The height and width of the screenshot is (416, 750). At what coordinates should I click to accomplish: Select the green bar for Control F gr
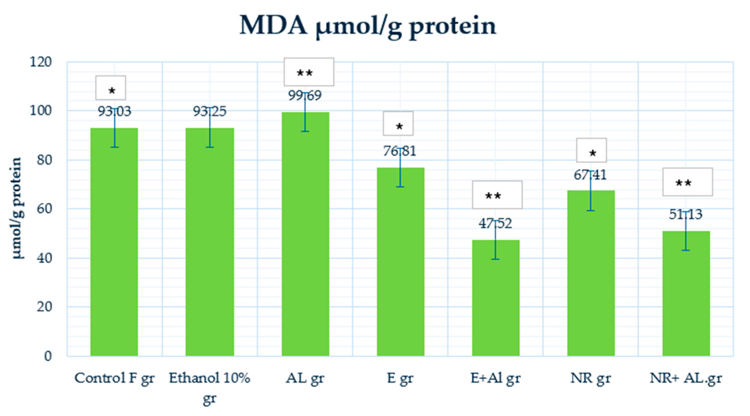(114, 242)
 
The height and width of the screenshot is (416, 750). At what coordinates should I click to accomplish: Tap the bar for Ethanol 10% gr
(210, 242)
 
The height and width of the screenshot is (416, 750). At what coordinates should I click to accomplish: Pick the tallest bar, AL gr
(305, 233)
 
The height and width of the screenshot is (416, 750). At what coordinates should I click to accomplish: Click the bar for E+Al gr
(495, 297)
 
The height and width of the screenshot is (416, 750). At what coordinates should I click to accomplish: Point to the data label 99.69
(305, 96)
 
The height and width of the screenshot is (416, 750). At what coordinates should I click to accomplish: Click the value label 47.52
(495, 224)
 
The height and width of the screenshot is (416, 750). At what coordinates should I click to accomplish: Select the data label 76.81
(400, 151)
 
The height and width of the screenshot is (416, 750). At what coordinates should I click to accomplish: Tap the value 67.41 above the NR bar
(590, 175)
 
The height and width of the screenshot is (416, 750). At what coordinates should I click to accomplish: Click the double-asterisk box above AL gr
(309, 72)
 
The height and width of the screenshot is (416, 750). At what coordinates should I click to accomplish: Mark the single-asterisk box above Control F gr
(111, 88)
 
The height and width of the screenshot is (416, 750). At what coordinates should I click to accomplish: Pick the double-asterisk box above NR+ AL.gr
(687, 182)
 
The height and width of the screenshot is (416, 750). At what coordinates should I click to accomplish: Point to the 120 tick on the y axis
(41, 62)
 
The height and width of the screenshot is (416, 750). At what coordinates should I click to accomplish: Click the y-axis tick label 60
(44, 209)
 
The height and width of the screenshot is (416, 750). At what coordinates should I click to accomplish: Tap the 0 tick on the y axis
(48, 356)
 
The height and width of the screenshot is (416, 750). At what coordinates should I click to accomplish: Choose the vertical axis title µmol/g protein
(17, 208)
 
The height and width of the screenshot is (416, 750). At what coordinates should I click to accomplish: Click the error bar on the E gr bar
(400, 167)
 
